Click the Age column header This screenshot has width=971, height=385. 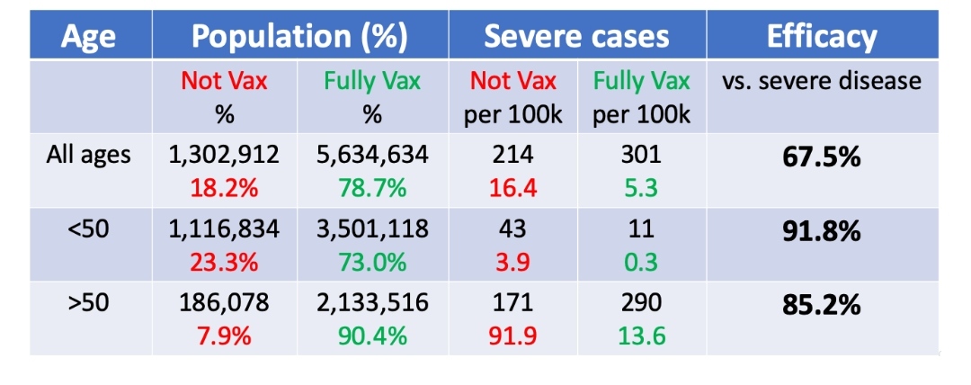point(89,37)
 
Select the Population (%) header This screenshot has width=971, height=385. point(300,37)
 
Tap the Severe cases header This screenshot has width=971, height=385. point(576,37)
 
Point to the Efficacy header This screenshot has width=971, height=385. point(821,37)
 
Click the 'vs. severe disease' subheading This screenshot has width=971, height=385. point(821,81)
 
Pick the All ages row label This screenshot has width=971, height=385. point(89,155)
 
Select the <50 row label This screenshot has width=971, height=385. point(89,230)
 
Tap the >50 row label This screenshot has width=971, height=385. point(89,304)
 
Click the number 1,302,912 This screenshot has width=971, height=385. point(224,155)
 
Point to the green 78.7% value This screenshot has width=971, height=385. point(372,188)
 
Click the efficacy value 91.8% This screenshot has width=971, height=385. point(821,231)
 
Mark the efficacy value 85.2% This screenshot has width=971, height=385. point(821,306)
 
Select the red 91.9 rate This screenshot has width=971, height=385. point(513,336)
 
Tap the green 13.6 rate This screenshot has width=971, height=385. point(642,336)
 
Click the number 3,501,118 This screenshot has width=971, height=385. point(372,230)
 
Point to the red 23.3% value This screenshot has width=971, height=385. point(224,263)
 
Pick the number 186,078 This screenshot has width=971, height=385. point(224,304)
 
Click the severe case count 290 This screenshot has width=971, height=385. point(642,304)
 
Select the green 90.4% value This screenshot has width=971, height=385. point(372,336)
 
